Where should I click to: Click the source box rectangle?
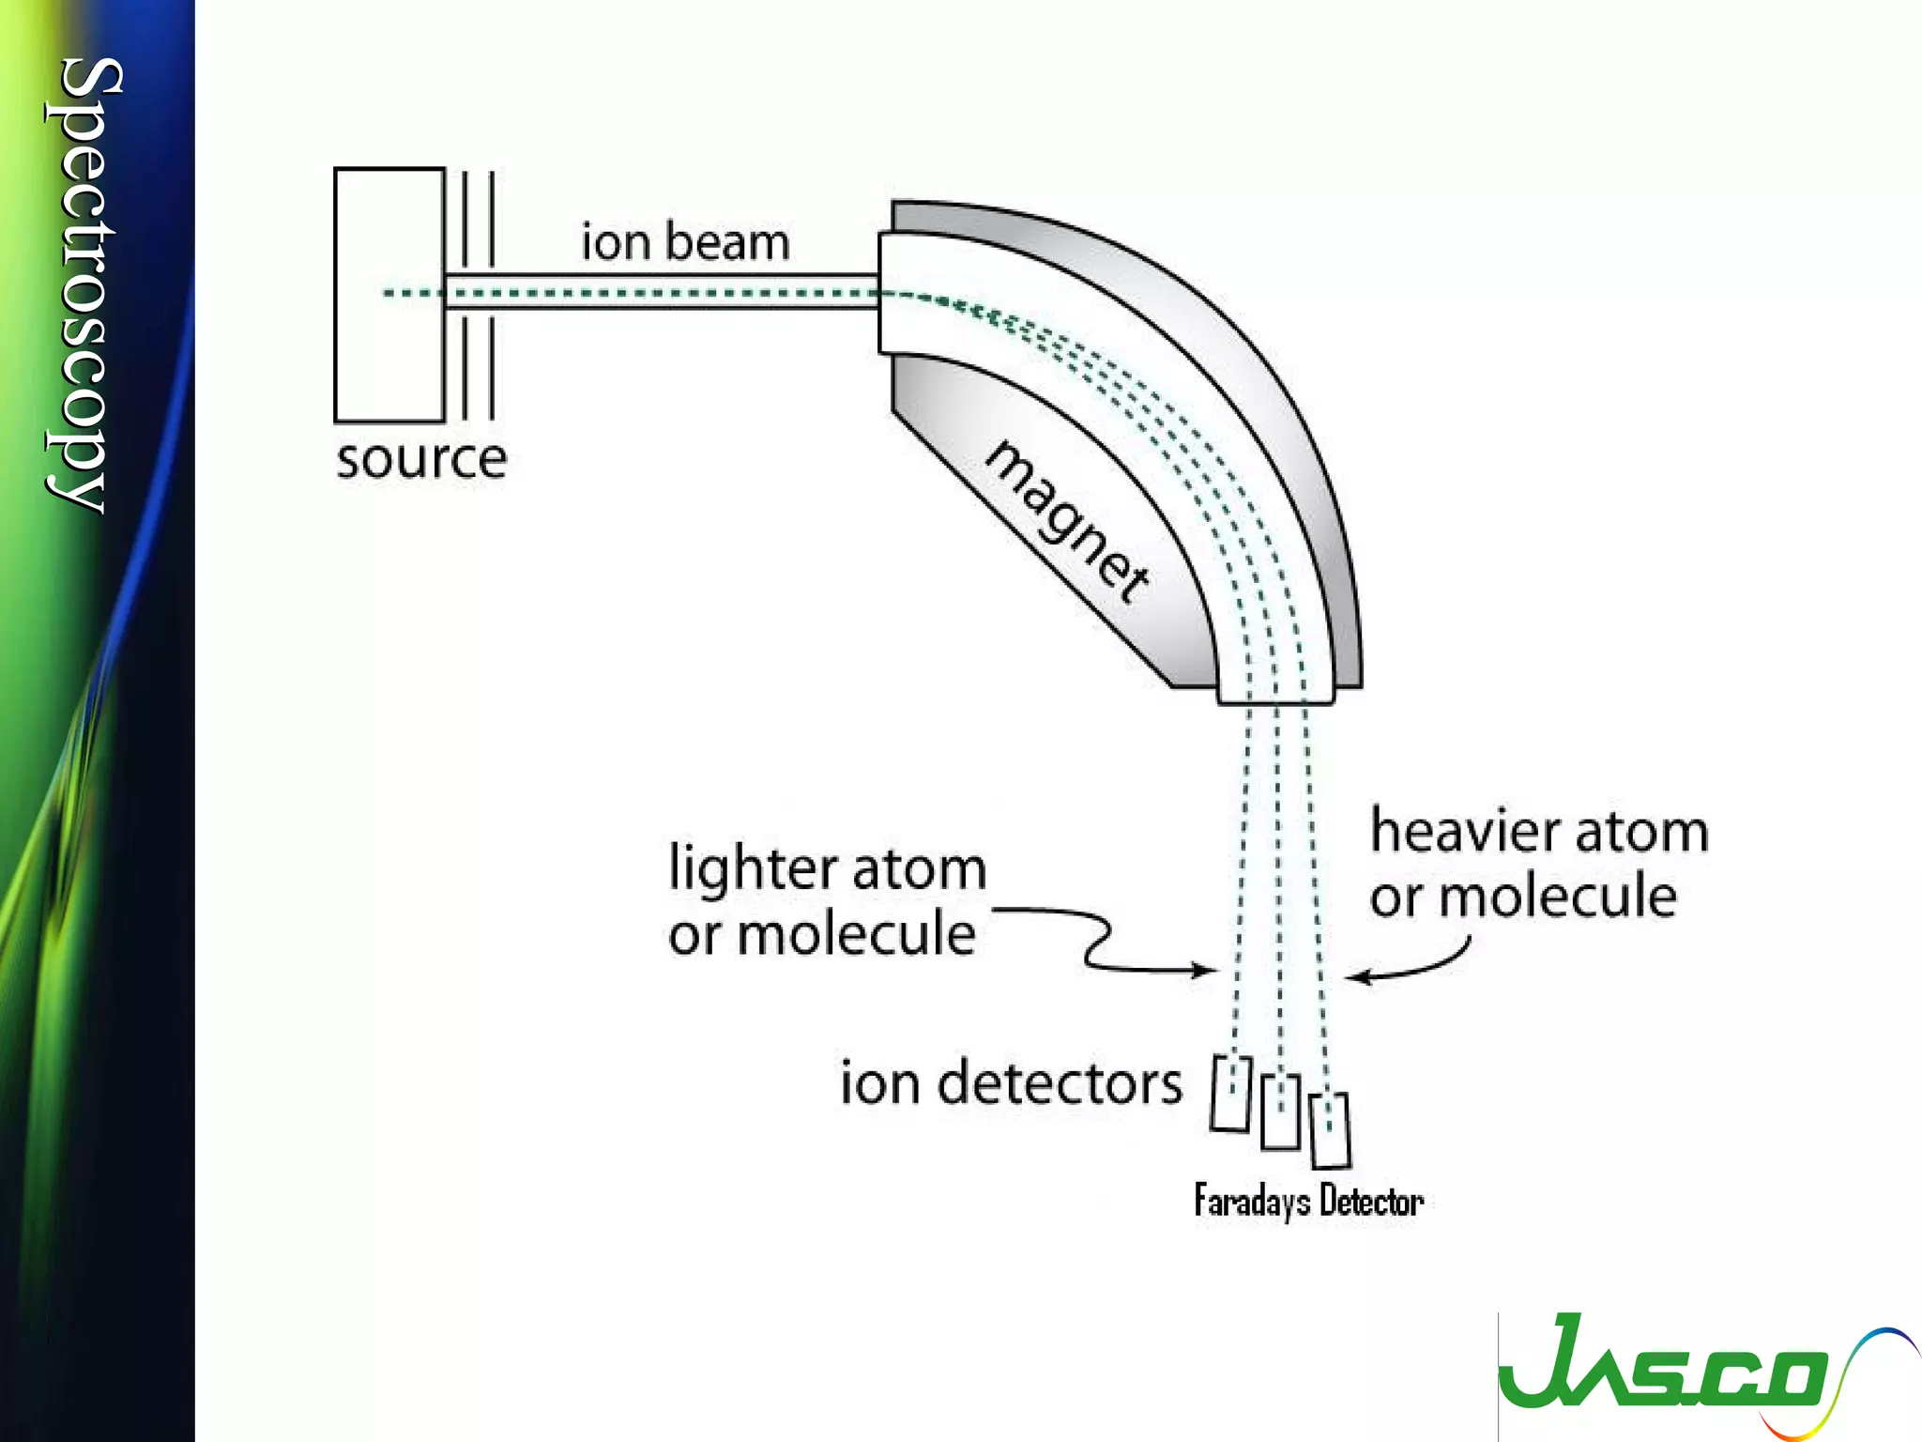click(389, 295)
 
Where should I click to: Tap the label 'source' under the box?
click(421, 460)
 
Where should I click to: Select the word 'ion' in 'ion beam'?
click(616, 242)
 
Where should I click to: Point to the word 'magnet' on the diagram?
click(1067, 521)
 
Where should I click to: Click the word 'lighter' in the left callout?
click(748, 868)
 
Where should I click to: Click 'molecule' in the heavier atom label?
click(1558, 897)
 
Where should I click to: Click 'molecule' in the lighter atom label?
click(856, 936)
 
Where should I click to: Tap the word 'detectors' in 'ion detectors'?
click(1060, 1083)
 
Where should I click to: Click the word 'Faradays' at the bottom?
click(1252, 1201)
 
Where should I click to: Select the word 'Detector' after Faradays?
click(1371, 1201)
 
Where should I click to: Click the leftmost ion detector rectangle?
click(1230, 1094)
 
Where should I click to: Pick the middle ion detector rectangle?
click(1280, 1112)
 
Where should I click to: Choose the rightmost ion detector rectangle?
click(1330, 1130)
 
